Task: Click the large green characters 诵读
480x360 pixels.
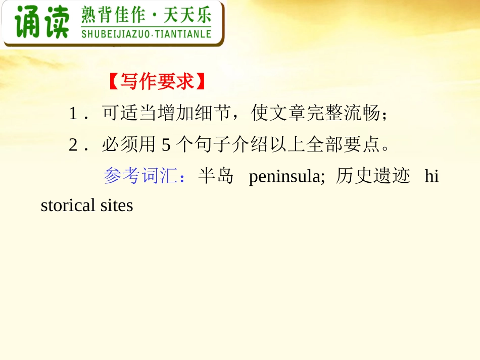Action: pyautogui.click(x=41, y=23)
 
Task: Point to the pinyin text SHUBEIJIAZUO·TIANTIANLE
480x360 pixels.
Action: pyautogui.click(x=146, y=34)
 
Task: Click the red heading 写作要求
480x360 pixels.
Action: pyautogui.click(x=157, y=82)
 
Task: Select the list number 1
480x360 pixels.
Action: pyautogui.click(x=73, y=114)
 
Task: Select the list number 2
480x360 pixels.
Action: pyautogui.click(x=73, y=145)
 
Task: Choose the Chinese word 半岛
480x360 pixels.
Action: pyautogui.click(x=216, y=176)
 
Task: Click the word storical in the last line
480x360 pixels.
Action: pyautogui.click(x=68, y=205)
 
